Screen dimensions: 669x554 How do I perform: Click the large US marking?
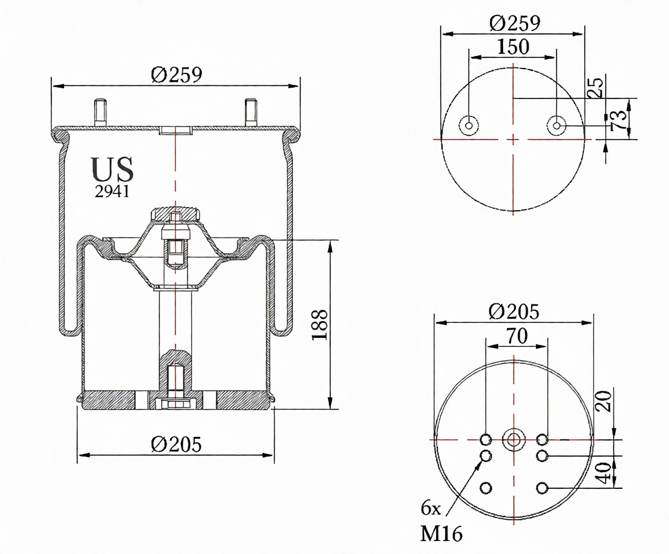[112, 170]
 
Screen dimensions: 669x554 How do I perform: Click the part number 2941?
[112, 192]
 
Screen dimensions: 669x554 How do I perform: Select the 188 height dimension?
[320, 325]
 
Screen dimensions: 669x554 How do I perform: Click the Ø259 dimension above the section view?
[176, 75]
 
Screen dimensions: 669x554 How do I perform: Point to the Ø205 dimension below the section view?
[176, 445]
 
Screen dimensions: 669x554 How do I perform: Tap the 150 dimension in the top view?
[513, 47]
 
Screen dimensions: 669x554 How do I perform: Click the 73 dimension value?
[619, 120]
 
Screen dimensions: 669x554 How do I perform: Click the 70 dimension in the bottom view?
[517, 336]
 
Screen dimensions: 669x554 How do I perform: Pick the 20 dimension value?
[603, 401]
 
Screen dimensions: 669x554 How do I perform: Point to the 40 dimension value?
[603, 473]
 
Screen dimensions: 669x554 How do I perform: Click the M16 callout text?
[441, 534]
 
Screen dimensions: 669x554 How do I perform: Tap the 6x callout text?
[431, 508]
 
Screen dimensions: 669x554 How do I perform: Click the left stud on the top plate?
[101, 112]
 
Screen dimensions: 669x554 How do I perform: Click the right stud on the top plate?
[250, 112]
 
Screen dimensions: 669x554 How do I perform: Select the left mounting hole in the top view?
[468, 126]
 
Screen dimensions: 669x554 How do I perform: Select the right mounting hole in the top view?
[556, 126]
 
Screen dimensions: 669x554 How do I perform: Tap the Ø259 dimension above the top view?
[514, 23]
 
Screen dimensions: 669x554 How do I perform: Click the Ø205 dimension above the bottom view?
[514, 312]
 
